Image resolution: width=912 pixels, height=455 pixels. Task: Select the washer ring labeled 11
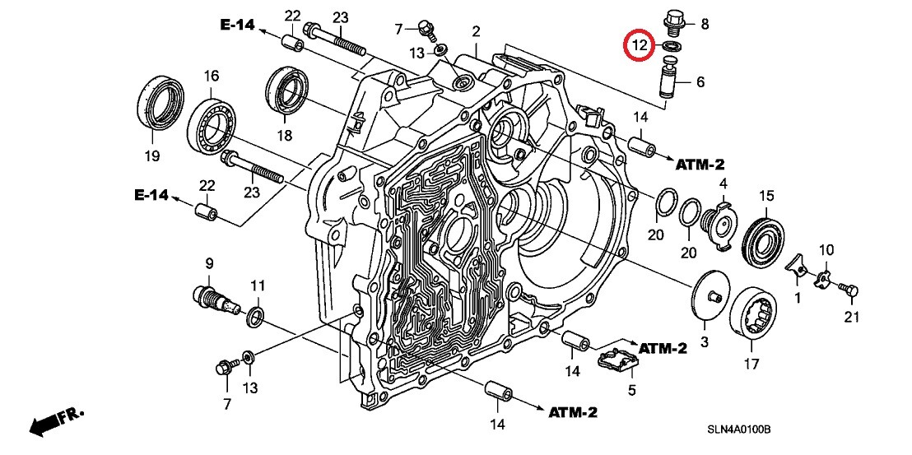(256, 317)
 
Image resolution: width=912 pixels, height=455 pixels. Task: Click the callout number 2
(476, 32)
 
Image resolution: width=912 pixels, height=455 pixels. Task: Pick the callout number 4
(723, 183)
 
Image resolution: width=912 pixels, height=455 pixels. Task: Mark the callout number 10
(826, 249)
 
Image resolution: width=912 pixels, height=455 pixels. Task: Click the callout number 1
(797, 295)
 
